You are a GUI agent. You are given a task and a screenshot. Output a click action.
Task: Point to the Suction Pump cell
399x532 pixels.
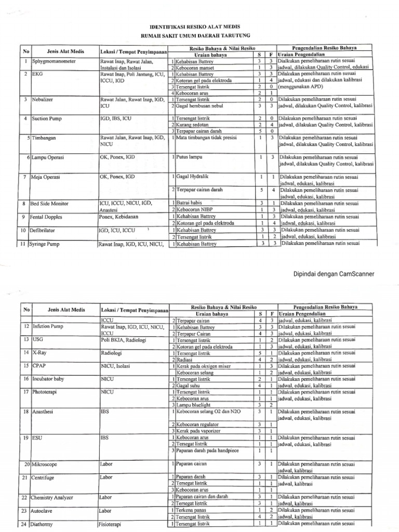pyautogui.click(x=47, y=118)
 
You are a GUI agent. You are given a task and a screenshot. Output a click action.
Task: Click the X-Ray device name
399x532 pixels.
pyautogui.click(x=39, y=353)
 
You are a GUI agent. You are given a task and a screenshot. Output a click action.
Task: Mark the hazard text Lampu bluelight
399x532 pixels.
pyautogui.click(x=193, y=405)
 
